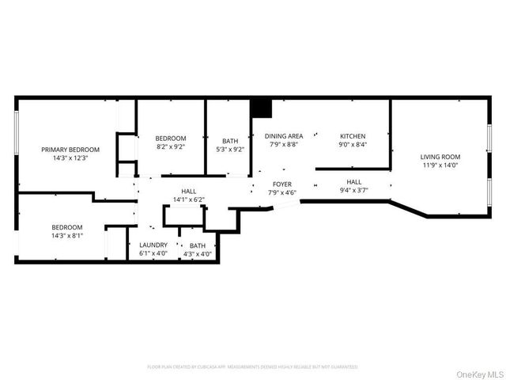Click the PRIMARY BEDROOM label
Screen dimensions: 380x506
(71, 150)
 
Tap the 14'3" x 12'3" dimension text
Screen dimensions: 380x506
(71, 158)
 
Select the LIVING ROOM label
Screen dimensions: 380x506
(440, 157)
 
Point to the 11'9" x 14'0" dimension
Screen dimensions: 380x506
(440, 165)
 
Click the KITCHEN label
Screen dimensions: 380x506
(353, 136)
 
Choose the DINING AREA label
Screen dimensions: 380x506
(284, 136)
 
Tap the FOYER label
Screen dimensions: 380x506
(282, 184)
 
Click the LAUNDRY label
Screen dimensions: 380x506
(153, 245)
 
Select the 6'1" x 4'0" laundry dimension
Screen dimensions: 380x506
(153, 254)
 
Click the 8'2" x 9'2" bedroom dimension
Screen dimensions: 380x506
(170, 147)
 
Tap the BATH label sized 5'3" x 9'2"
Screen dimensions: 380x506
(230, 139)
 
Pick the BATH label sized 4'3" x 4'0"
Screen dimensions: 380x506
(198, 245)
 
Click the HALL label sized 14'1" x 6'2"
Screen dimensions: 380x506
(189, 191)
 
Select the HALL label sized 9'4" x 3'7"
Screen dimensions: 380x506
(353, 181)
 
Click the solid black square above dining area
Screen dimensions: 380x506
(260, 108)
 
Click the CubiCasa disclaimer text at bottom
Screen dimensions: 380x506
(252, 367)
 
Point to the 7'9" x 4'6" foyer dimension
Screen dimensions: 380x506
(282, 192)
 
